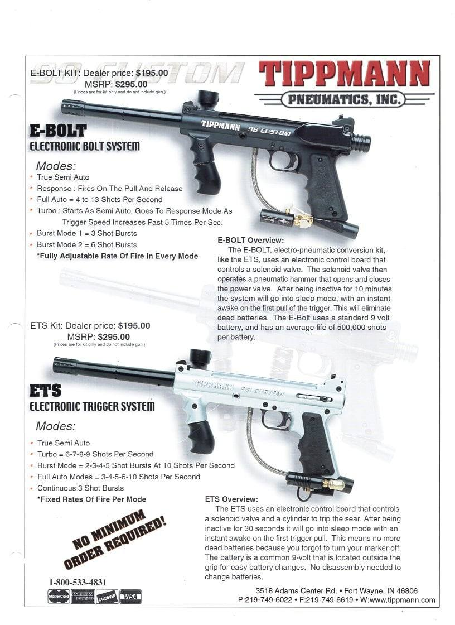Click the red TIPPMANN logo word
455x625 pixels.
(345, 75)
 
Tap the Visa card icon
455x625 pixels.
(130, 597)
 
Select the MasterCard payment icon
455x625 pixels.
(59, 597)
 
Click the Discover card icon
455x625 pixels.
(107, 597)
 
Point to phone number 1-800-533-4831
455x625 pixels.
(78, 583)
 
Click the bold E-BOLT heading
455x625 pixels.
(58, 131)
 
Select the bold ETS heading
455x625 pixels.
(45, 390)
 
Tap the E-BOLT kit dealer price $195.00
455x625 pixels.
(152, 73)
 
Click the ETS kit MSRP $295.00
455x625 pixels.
(114, 337)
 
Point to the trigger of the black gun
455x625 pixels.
(294, 161)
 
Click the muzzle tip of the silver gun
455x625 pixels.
(56, 365)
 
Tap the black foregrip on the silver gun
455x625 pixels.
(201, 436)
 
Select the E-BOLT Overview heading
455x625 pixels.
(250, 241)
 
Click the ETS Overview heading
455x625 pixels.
(231, 499)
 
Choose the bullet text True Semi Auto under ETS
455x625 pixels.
(64, 443)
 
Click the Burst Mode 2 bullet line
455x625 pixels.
(87, 245)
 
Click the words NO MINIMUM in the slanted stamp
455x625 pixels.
(109, 529)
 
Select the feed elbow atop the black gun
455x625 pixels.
(209, 99)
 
